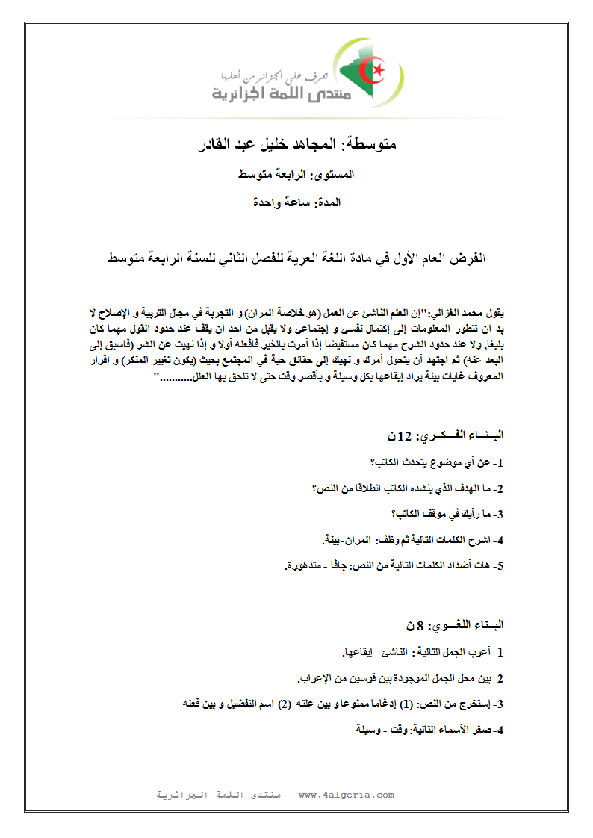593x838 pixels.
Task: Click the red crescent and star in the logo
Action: pyautogui.click(x=373, y=72)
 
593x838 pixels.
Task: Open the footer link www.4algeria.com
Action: pyautogui.click(x=346, y=795)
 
